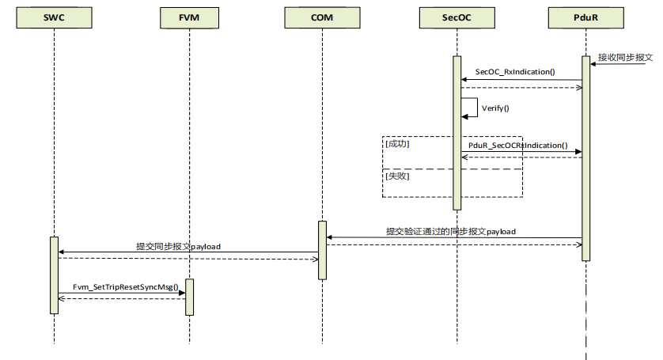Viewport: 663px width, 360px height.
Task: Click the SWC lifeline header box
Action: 54,17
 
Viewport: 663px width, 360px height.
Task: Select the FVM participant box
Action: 189,17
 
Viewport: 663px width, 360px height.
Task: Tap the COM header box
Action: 322,17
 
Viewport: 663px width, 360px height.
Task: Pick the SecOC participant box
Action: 457,17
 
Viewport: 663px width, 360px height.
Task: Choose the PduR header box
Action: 586,17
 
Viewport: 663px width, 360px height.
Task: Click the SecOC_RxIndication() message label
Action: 515,72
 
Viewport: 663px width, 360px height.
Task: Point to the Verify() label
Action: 495,108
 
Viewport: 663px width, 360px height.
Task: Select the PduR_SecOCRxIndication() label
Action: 518,146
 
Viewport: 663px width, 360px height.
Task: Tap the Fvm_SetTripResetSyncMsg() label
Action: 126,287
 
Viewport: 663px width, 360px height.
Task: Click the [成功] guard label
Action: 397,144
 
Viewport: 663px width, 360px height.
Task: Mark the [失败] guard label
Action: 397,176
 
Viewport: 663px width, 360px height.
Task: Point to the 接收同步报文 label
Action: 625,57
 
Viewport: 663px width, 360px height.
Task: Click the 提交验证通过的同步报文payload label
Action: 451,231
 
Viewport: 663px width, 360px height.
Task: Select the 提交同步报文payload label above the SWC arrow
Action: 178,246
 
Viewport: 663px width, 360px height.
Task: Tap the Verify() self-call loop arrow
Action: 477,108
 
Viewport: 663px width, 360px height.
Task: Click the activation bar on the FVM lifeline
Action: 189,297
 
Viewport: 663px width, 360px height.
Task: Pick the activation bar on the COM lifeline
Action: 322,251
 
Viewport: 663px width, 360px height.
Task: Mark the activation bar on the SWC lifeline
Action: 54,275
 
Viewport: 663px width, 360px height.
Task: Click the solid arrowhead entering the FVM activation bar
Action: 182,293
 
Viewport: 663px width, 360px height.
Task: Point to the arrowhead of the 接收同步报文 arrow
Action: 593,64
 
